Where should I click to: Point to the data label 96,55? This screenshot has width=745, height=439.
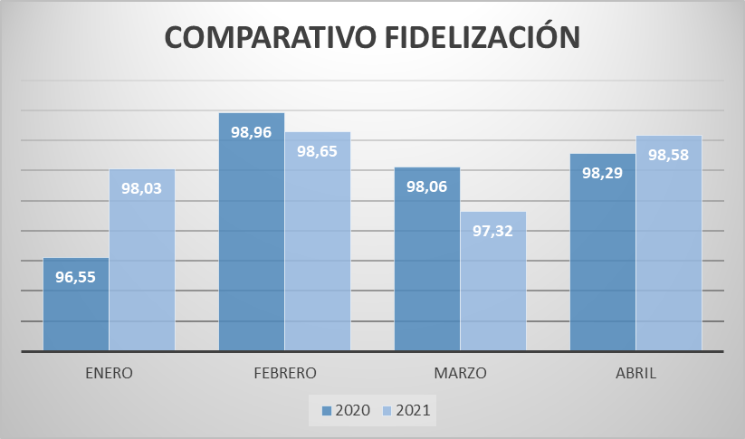point(76,278)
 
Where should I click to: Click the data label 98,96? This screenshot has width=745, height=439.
point(252,132)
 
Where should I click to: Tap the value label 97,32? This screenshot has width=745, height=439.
point(493,231)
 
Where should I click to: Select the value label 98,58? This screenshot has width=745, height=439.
point(669,155)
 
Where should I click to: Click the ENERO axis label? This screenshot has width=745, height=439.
point(109,373)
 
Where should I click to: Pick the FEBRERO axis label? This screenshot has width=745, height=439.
point(284,373)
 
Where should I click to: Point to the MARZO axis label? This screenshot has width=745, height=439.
point(460,373)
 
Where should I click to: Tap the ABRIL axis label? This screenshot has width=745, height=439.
point(635,373)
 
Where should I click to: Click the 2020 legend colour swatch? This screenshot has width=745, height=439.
point(327,411)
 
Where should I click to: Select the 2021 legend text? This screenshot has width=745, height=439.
point(413,411)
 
